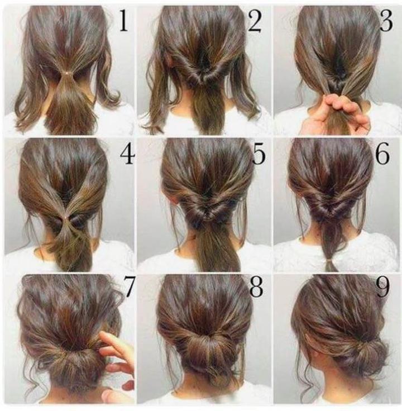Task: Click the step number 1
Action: [x=123, y=22]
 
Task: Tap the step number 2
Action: [x=255, y=22]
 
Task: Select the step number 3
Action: [x=385, y=22]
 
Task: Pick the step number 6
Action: [x=382, y=155]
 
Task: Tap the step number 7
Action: [x=128, y=287]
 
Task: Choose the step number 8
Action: [x=256, y=287]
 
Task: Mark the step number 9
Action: [x=383, y=287]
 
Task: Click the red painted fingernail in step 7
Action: [x=128, y=385]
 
